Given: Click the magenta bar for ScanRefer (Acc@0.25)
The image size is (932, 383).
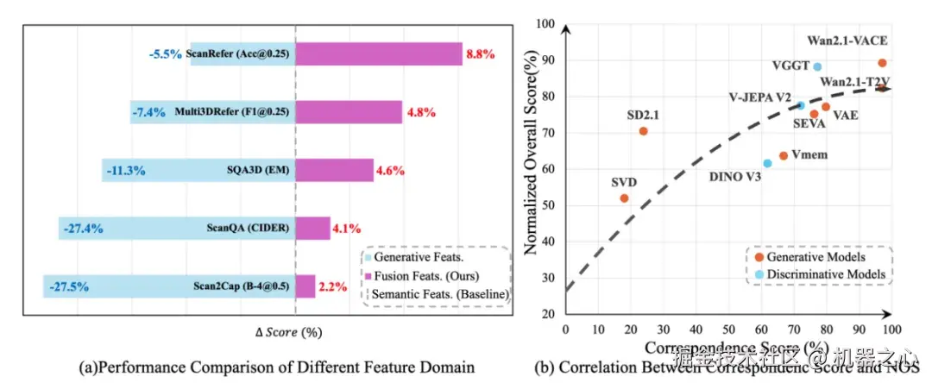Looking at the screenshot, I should point(379,53).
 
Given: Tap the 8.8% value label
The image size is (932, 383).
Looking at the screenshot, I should point(481,53).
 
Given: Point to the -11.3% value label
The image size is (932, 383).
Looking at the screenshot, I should point(125,170).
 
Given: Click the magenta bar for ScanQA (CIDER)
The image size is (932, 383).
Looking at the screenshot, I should point(313,228).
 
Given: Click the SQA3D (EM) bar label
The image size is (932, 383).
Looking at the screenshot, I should point(257,170).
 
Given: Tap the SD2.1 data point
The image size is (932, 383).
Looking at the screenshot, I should point(643,131).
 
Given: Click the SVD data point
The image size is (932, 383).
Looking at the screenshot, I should point(624,198).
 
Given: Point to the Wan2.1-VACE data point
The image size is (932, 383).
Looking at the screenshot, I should point(882,63).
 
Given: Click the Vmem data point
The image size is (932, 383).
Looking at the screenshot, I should point(784,155).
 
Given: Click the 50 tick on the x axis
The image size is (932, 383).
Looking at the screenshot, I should point(729,329).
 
